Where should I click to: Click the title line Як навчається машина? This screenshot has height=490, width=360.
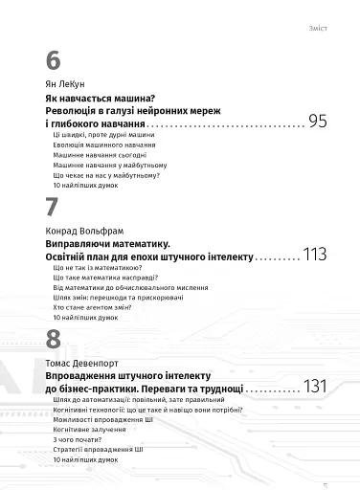pos(101,100)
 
